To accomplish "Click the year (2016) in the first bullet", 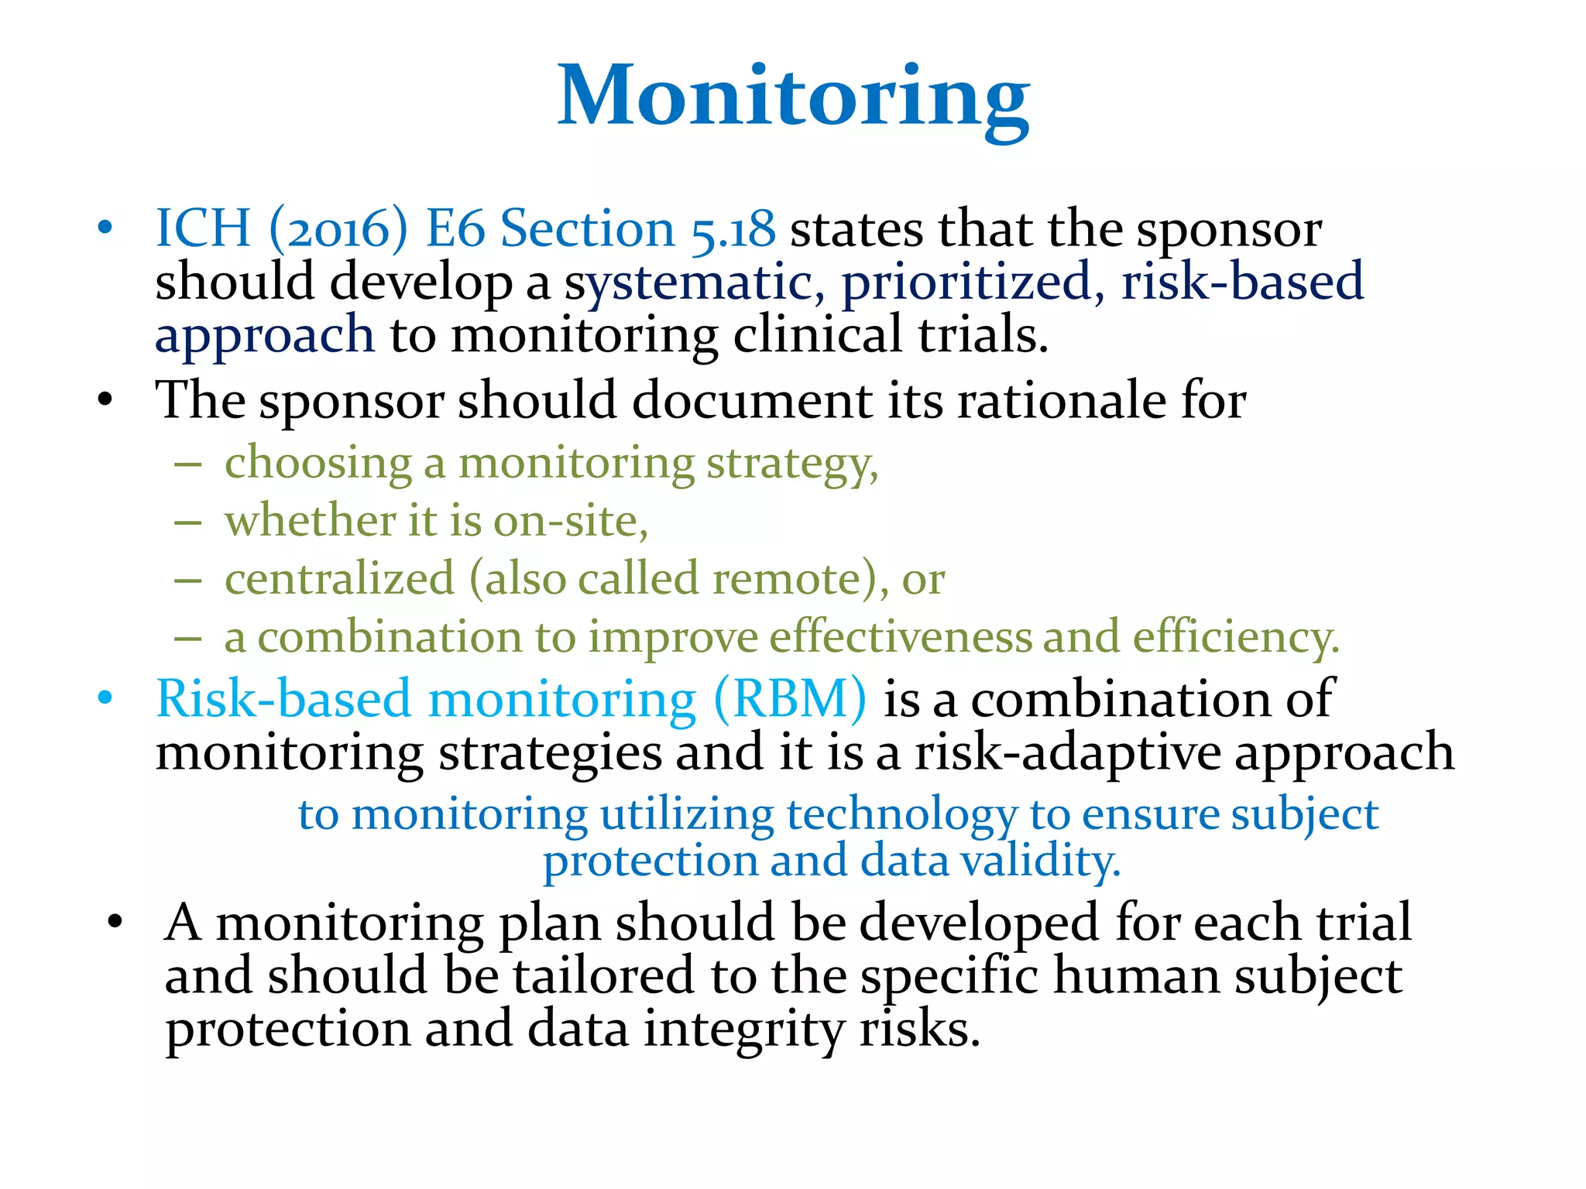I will [x=338, y=229].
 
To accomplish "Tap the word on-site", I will [x=570, y=521].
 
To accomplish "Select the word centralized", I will [x=339, y=579].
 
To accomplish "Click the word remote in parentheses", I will [x=795, y=579].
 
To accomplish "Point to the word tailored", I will [x=602, y=975].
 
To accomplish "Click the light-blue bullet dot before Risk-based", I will [x=105, y=699].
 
